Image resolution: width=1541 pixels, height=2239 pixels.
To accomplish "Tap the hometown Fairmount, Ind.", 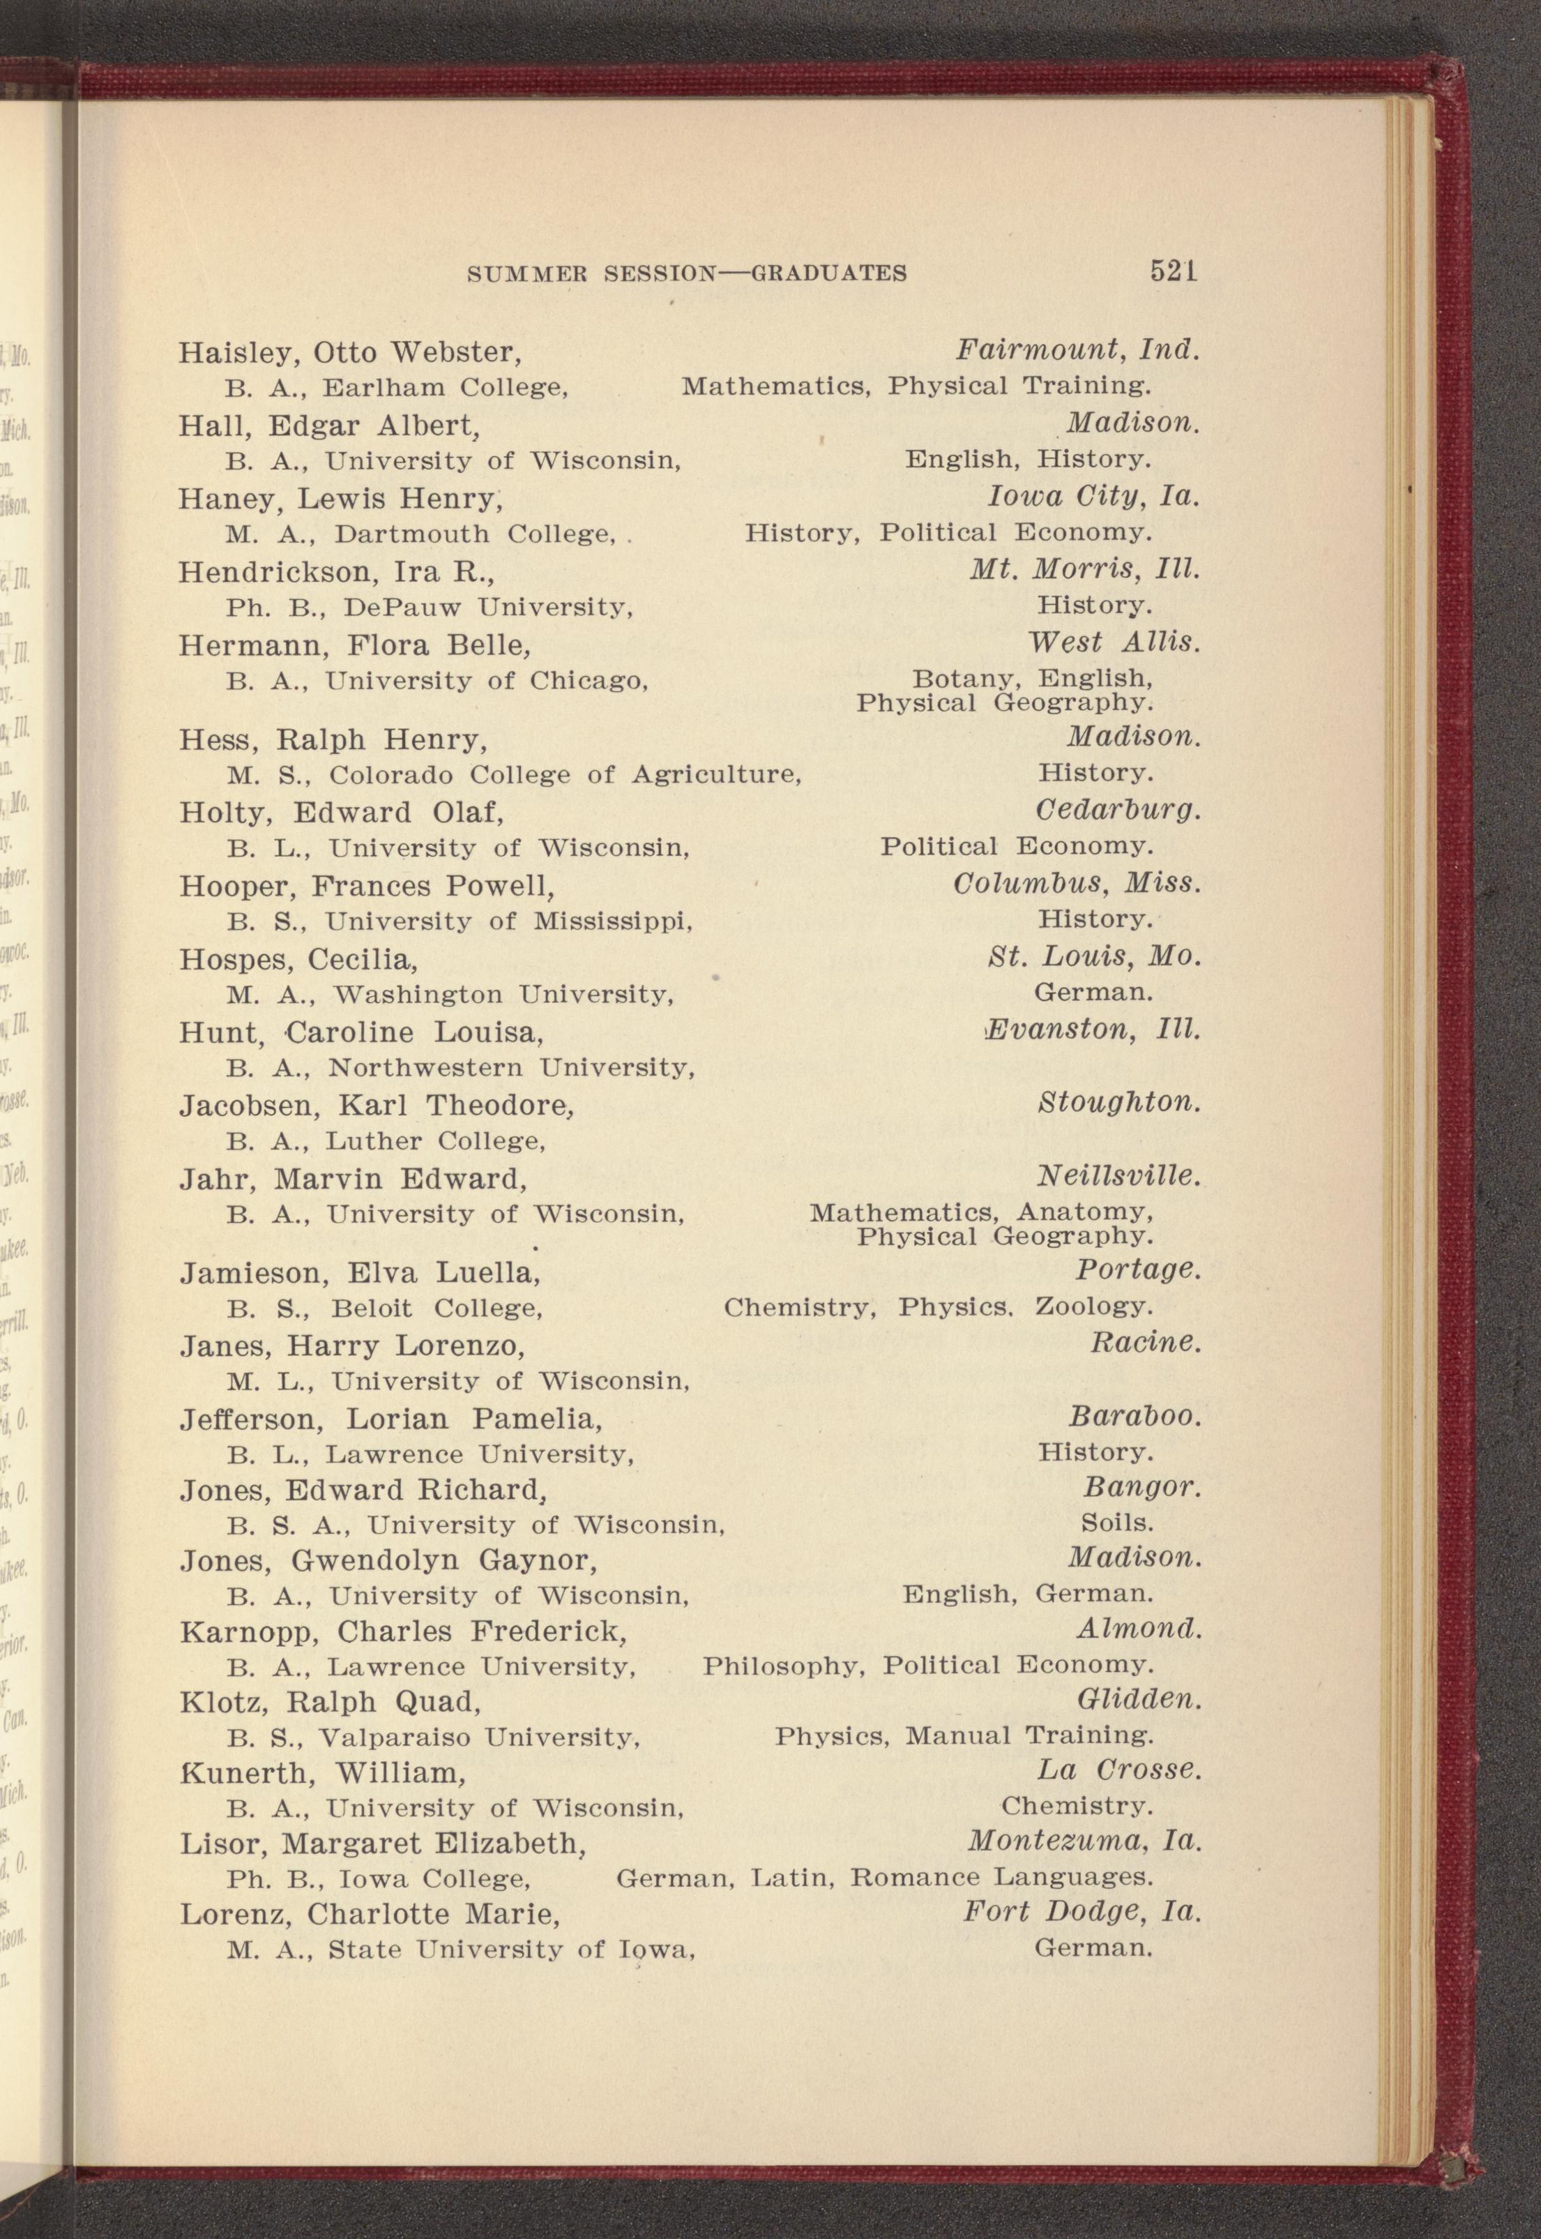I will coord(1077,349).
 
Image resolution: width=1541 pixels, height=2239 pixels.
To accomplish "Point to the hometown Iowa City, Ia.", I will coord(1092,497).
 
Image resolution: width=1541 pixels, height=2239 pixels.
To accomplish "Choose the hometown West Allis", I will coord(1114,642).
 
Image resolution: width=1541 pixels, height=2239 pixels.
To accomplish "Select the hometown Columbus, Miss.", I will coord(1077,883).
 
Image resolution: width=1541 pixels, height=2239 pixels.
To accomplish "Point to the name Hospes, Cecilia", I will coord(298,959).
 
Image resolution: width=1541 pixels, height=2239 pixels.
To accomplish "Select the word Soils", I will coord(1117,1523).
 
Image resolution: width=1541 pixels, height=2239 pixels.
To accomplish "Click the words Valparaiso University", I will coord(479,1737).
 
